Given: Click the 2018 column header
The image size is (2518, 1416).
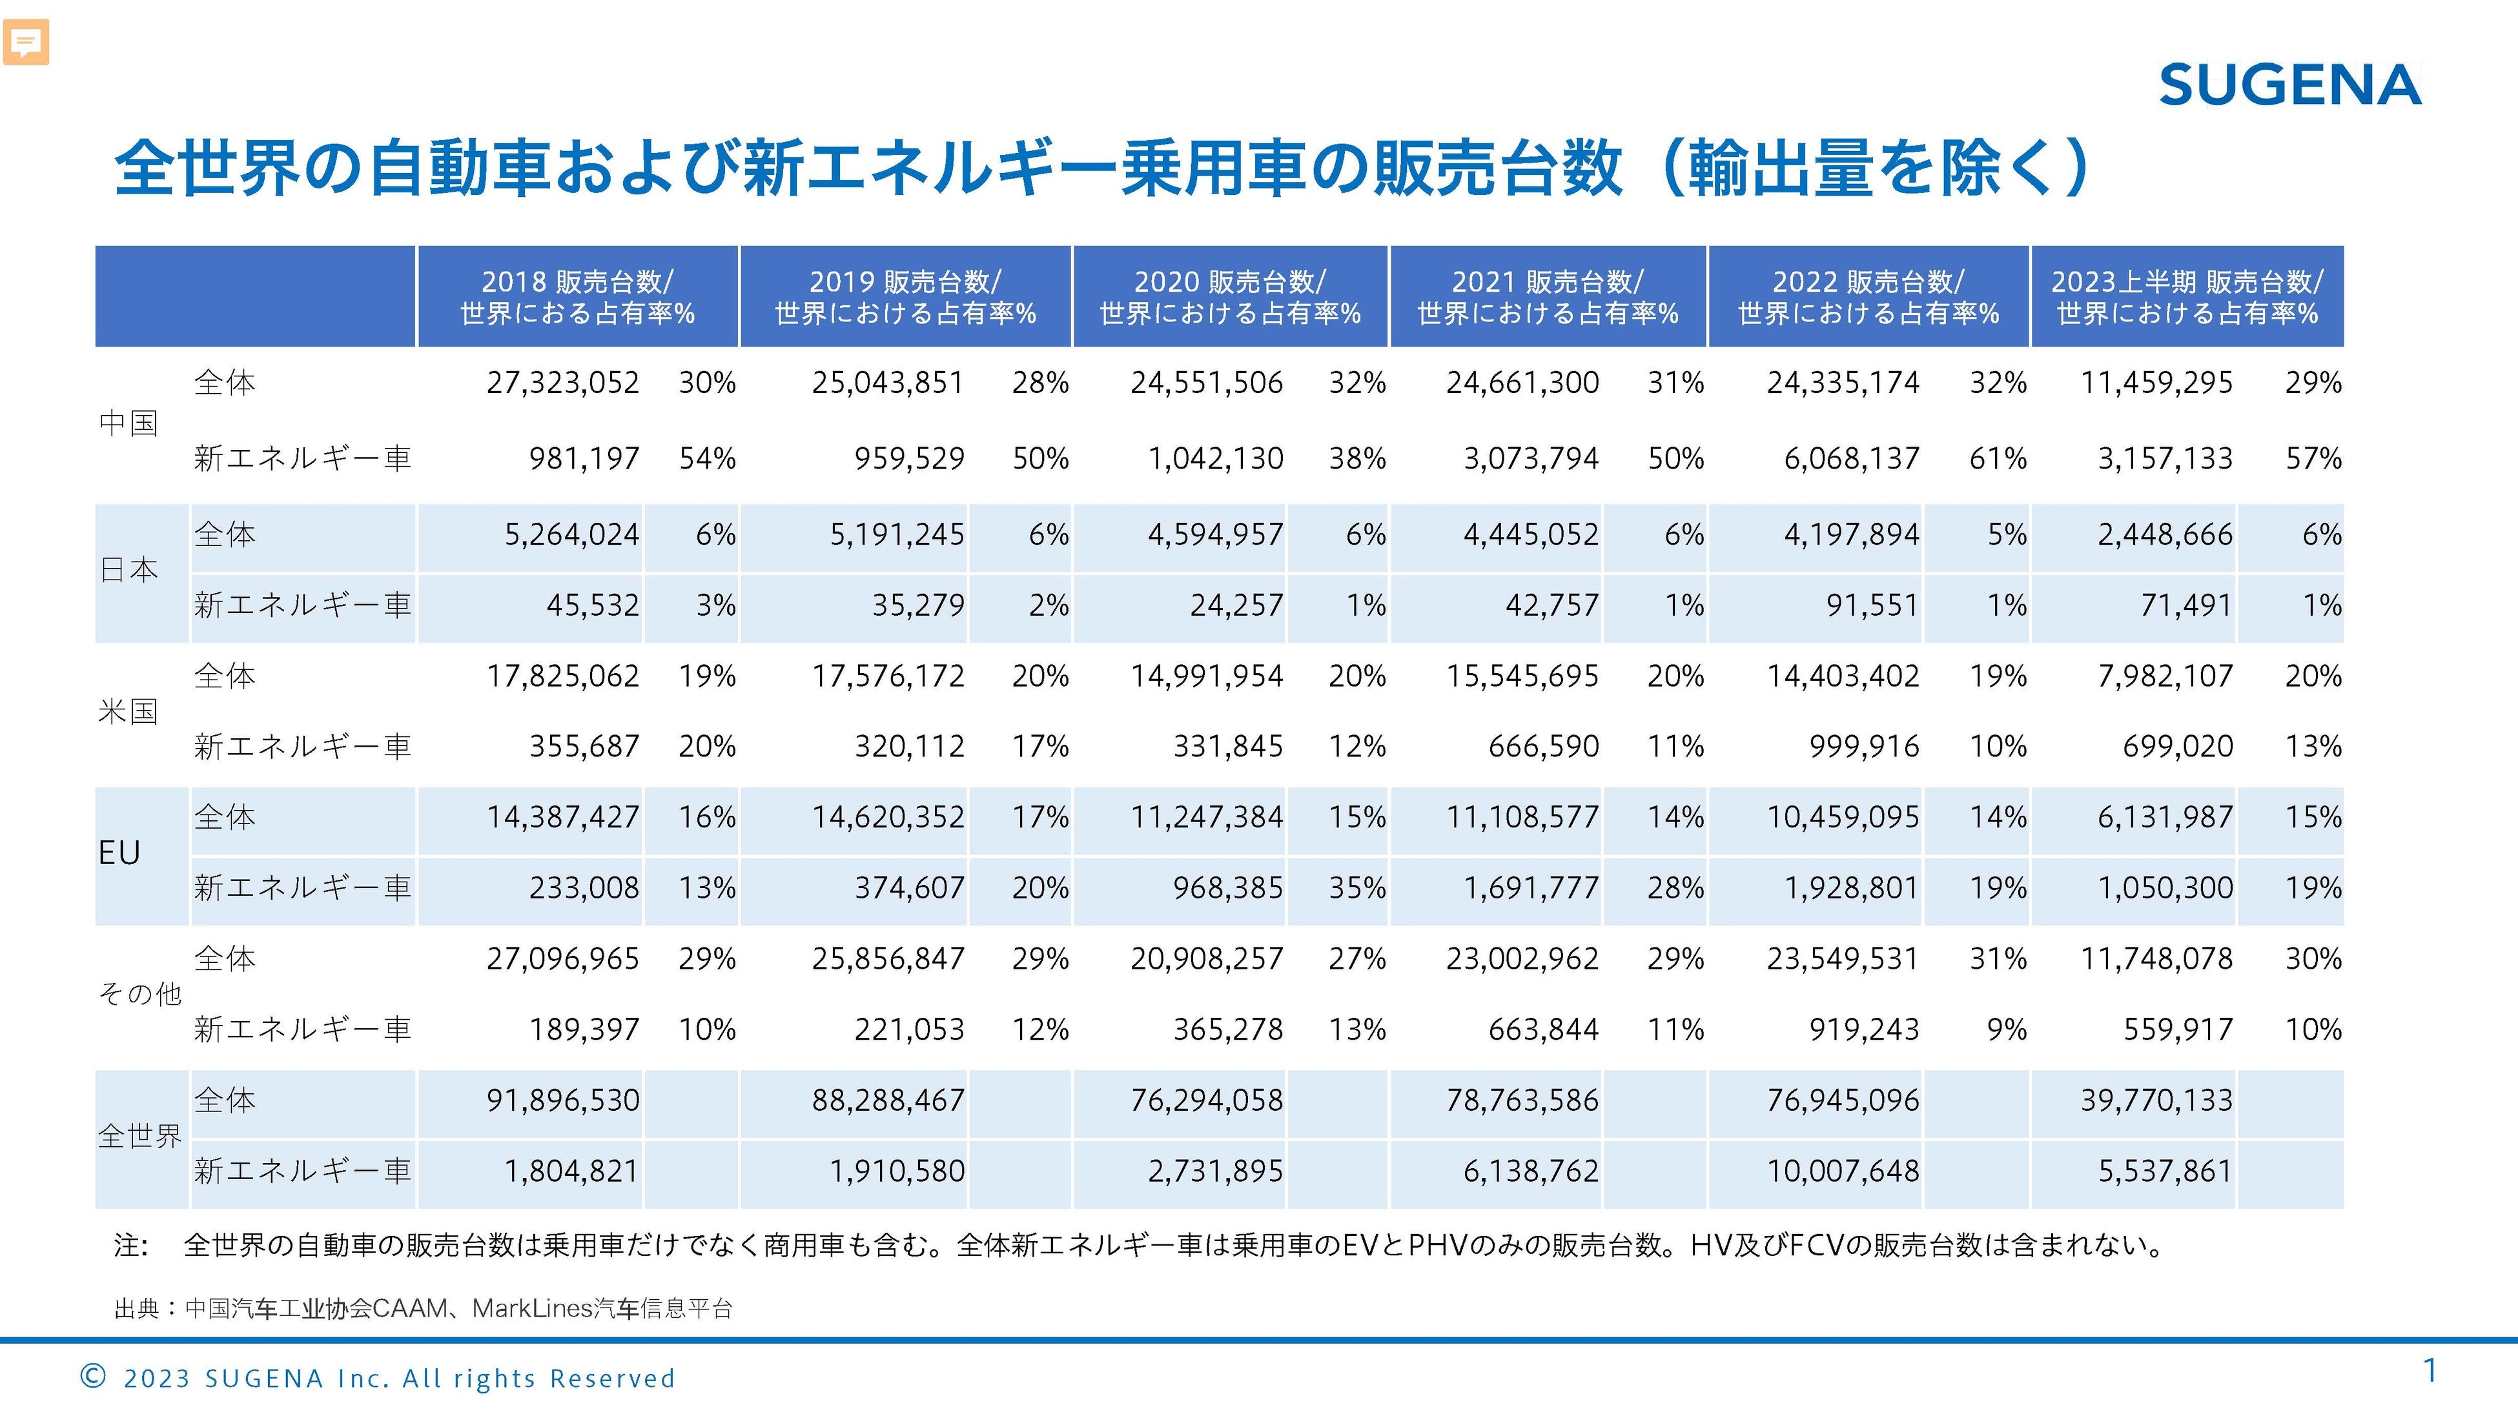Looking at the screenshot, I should click(x=577, y=297).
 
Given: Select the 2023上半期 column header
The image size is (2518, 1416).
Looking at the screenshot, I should click(x=2187, y=297).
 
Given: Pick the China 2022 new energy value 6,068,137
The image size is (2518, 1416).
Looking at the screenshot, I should click(x=1851, y=458).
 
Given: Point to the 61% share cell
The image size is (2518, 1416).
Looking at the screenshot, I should click(x=1997, y=458).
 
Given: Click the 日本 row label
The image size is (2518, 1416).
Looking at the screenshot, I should click(x=129, y=570).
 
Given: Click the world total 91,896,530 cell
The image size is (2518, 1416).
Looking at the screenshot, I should click(x=563, y=1100).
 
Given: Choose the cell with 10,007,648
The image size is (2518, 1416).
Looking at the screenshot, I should click(x=1843, y=1171).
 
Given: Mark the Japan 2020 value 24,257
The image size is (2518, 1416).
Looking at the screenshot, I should click(x=1236, y=606).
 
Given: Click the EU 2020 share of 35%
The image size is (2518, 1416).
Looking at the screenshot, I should click(x=1356, y=888).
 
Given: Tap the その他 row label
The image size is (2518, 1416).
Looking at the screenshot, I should click(x=139, y=994).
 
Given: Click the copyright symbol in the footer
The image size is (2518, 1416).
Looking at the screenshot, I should click(x=93, y=1377).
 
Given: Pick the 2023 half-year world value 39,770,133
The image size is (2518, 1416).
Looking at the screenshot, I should click(x=2156, y=1100).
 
